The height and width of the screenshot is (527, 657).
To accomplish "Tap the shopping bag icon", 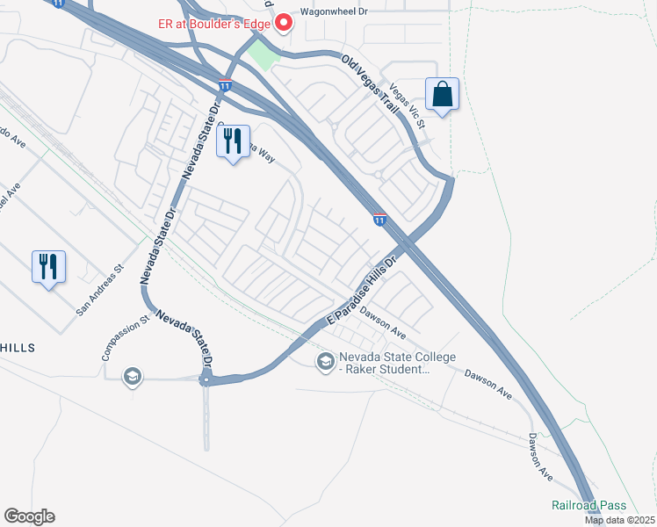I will click(x=442, y=94).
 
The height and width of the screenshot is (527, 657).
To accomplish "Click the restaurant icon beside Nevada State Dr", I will click(x=233, y=141).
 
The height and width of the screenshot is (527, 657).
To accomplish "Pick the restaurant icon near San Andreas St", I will click(x=48, y=266).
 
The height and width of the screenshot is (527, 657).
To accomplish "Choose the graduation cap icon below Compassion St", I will click(x=132, y=378).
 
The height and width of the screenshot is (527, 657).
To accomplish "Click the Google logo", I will click(x=29, y=516).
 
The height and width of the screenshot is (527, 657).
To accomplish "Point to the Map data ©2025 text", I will click(x=618, y=520).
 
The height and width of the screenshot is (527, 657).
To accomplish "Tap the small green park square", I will click(x=263, y=55).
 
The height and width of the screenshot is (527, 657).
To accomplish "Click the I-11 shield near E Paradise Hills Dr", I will click(x=379, y=219).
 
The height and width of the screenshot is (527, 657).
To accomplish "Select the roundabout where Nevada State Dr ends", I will click(x=207, y=379).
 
